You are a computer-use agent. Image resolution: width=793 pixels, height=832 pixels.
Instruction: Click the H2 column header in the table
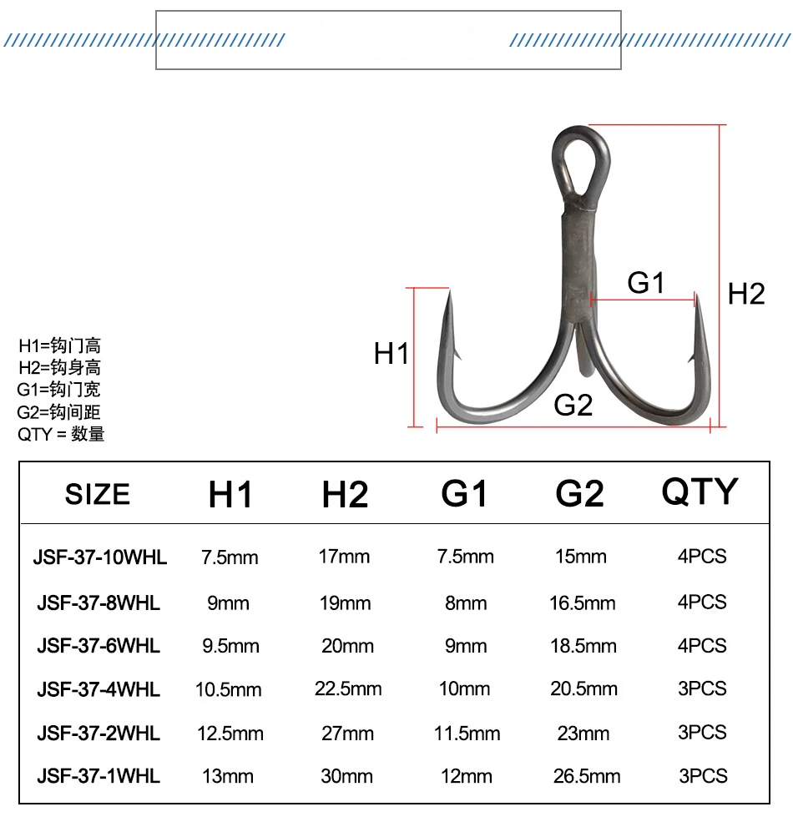(345, 495)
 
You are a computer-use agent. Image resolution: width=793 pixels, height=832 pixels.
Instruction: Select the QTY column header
(700, 492)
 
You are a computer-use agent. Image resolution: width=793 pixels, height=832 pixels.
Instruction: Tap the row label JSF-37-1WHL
(98, 776)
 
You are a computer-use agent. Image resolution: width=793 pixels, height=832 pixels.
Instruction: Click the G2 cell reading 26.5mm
(587, 776)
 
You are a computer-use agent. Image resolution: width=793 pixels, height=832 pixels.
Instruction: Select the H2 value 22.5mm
(348, 689)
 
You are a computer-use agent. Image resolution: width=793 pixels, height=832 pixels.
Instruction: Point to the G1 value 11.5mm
(467, 734)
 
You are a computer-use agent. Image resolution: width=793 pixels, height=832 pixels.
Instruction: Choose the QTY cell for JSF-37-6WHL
(702, 646)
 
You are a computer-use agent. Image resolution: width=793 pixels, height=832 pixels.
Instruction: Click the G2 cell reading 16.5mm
(583, 603)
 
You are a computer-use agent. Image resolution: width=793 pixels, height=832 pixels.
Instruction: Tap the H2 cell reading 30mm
(347, 776)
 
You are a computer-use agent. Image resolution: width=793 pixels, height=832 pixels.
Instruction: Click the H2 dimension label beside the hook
(746, 294)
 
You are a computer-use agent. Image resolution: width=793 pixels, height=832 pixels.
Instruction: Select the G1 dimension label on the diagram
(646, 283)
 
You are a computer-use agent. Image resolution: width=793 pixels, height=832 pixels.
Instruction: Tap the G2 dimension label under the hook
(573, 406)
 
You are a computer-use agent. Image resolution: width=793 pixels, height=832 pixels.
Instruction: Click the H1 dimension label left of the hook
(391, 354)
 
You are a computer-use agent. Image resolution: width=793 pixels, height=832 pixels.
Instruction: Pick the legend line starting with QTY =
(61, 434)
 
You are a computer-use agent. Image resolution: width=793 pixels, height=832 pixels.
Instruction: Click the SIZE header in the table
(98, 494)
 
